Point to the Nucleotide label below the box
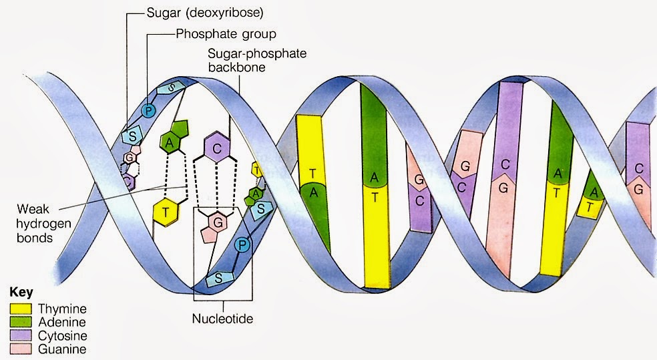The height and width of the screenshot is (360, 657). (x=223, y=319)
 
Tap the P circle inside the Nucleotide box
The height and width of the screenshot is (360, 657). (x=242, y=245)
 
